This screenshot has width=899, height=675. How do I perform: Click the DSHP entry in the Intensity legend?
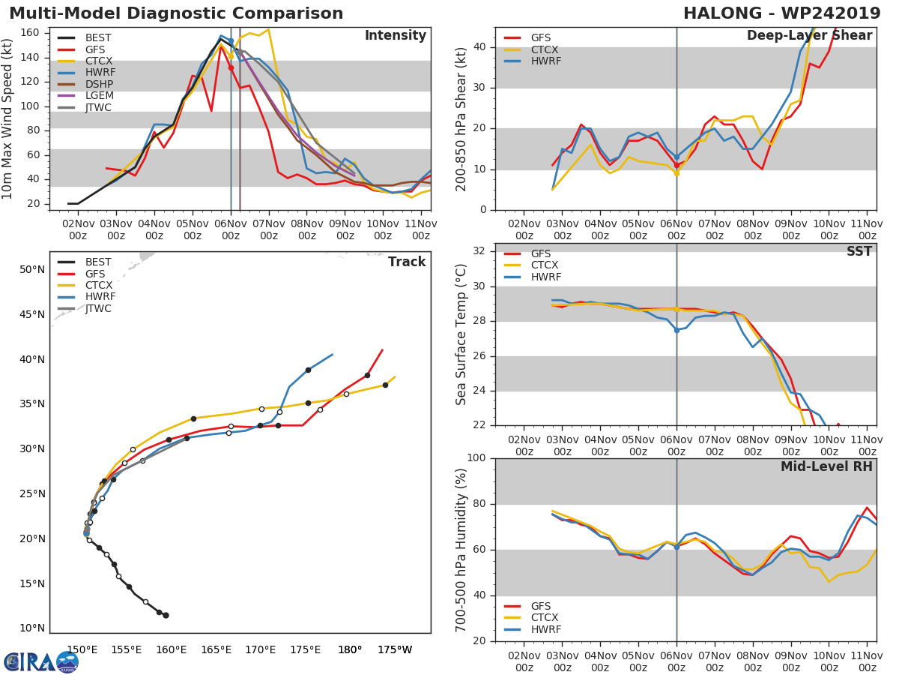(85, 84)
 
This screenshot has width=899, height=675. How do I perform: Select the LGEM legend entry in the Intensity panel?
(85, 95)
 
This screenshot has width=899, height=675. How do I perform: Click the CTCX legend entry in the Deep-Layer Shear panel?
(531, 49)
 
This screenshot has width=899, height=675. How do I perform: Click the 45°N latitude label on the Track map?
(32, 314)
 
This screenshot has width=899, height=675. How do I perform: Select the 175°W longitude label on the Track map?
(394, 649)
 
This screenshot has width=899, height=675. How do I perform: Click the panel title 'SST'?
(859, 251)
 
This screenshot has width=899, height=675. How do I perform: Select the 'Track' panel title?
(407, 262)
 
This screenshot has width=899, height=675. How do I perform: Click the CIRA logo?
(41, 662)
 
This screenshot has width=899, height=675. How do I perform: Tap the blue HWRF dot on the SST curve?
(676, 330)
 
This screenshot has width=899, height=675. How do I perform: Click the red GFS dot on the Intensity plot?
(231, 68)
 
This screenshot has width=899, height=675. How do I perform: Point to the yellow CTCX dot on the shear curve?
(676, 174)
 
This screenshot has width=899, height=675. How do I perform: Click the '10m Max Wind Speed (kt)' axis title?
(6, 118)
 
